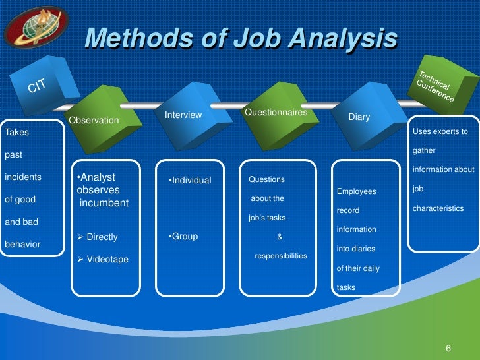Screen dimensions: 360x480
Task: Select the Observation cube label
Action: pos(94,121)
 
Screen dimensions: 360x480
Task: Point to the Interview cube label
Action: pos(183,115)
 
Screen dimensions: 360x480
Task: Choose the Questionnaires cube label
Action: pos(276,113)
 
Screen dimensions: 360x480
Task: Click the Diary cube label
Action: pos(359,117)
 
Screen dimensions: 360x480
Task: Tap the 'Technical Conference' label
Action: pos(435,86)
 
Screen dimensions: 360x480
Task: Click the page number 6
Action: pos(448,348)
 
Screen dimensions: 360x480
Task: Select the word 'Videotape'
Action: pos(107,260)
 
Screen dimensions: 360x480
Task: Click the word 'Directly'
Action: pos(102,237)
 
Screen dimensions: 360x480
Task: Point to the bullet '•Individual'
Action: pos(190,181)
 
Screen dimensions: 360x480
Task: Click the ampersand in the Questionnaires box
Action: pos(280,237)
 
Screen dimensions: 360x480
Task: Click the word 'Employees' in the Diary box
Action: pos(356,192)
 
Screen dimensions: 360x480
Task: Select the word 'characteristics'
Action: pos(438,208)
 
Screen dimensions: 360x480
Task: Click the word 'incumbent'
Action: pos(104,203)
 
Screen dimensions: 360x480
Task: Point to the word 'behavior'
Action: pos(22,244)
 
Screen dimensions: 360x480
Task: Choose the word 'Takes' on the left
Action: pos(16,133)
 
